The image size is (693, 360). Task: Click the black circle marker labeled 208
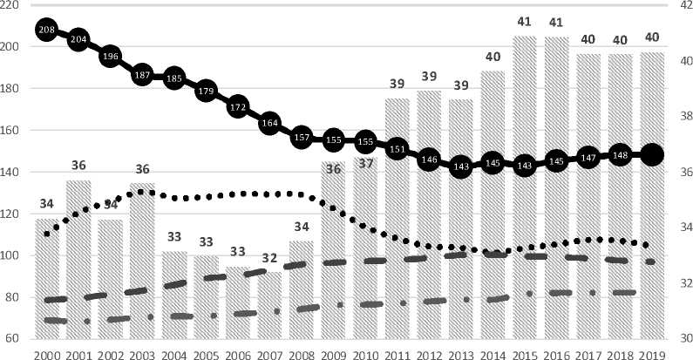pos(47,30)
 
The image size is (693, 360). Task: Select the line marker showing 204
pos(78,39)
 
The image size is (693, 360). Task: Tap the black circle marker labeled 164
pos(269,123)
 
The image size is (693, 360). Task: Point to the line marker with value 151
pos(397,150)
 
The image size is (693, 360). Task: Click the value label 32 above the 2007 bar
pos(269,258)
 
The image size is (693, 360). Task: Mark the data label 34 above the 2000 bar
pos(47,204)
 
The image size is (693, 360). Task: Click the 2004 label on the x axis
pos(174,353)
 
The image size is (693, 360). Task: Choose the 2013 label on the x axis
pos(460,353)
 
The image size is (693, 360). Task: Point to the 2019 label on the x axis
pos(651,353)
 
